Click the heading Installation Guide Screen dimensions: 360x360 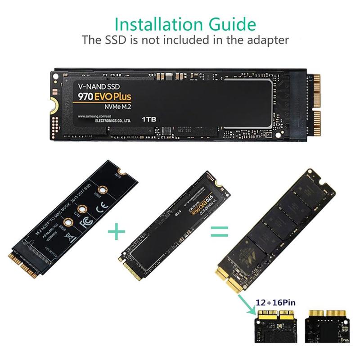pyautogui.click(x=185, y=23)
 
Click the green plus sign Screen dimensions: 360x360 pyautogui.click(x=117, y=232)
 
